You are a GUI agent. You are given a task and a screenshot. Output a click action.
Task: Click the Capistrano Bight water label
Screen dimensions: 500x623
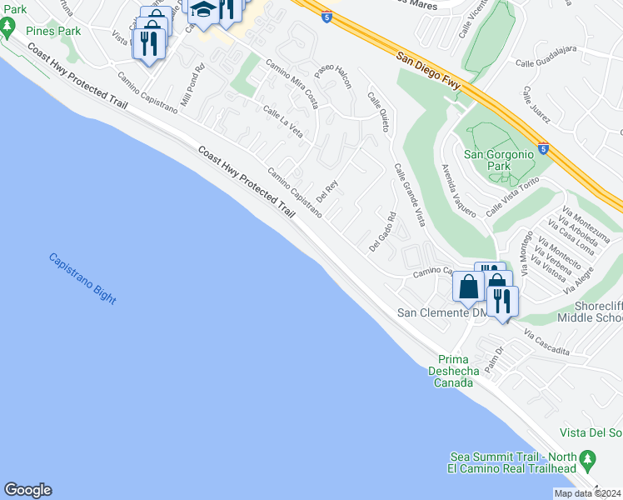coord(82,278)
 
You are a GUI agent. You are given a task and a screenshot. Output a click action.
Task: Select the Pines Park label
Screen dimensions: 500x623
coord(52,31)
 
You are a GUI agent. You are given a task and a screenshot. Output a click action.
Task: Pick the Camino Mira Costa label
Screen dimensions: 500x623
coord(292,79)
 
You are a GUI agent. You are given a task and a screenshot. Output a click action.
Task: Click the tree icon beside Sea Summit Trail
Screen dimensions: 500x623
coord(589,457)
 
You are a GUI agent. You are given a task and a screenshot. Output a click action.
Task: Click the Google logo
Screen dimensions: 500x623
coord(27,490)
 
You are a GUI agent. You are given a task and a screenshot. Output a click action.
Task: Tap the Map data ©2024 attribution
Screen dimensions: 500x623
coord(587,493)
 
